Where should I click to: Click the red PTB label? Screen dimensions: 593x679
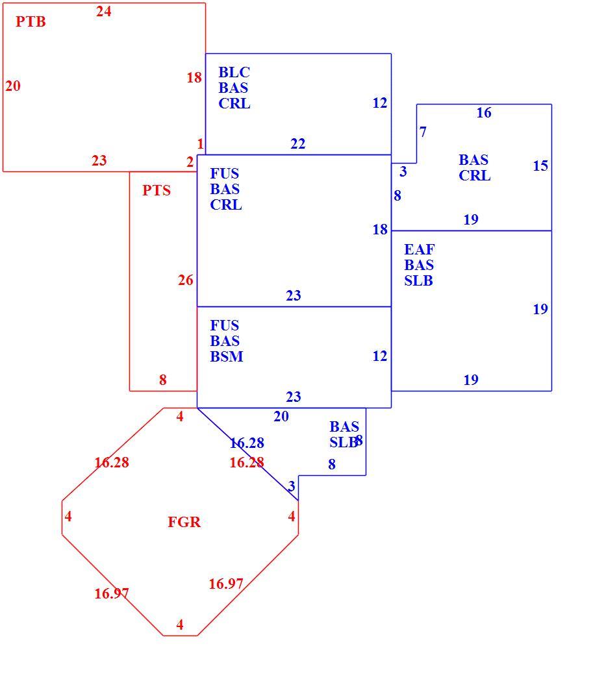(x=31, y=21)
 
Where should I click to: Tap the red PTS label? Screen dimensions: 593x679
(x=157, y=191)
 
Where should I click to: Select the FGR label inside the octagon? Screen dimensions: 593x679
(x=184, y=523)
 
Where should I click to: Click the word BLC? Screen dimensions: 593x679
(x=234, y=72)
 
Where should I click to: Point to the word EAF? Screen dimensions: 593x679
(x=420, y=250)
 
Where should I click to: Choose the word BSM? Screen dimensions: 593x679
(x=227, y=357)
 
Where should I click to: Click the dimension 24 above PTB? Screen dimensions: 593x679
(x=103, y=12)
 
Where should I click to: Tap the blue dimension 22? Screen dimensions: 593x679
(x=298, y=143)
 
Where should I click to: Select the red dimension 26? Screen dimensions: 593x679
(x=185, y=280)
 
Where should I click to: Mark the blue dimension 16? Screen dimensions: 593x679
(x=484, y=113)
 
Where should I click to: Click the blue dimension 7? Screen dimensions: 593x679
(x=423, y=132)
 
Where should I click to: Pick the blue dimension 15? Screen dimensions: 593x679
(x=540, y=166)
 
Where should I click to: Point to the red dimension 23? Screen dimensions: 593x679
(x=99, y=160)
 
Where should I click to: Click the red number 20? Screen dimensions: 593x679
(x=13, y=86)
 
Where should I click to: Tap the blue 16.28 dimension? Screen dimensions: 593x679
(x=246, y=443)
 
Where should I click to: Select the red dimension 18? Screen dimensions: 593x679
(x=194, y=78)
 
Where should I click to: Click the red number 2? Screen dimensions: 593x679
(x=190, y=162)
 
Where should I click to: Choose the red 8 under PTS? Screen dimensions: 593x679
(x=163, y=380)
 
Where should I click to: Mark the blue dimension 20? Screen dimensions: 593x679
(x=281, y=417)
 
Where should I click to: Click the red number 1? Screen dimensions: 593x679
(x=200, y=143)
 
